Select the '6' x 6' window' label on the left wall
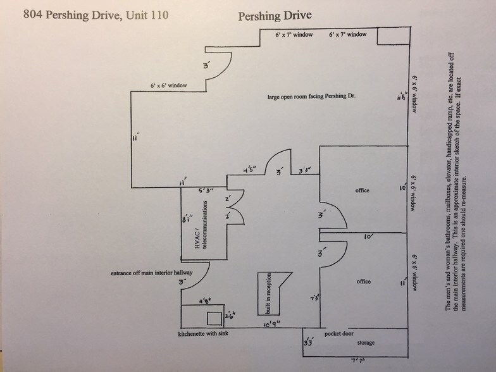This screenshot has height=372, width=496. (168, 84)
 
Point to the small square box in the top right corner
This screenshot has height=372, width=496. (392, 37)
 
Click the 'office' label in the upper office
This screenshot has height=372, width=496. (363, 190)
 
